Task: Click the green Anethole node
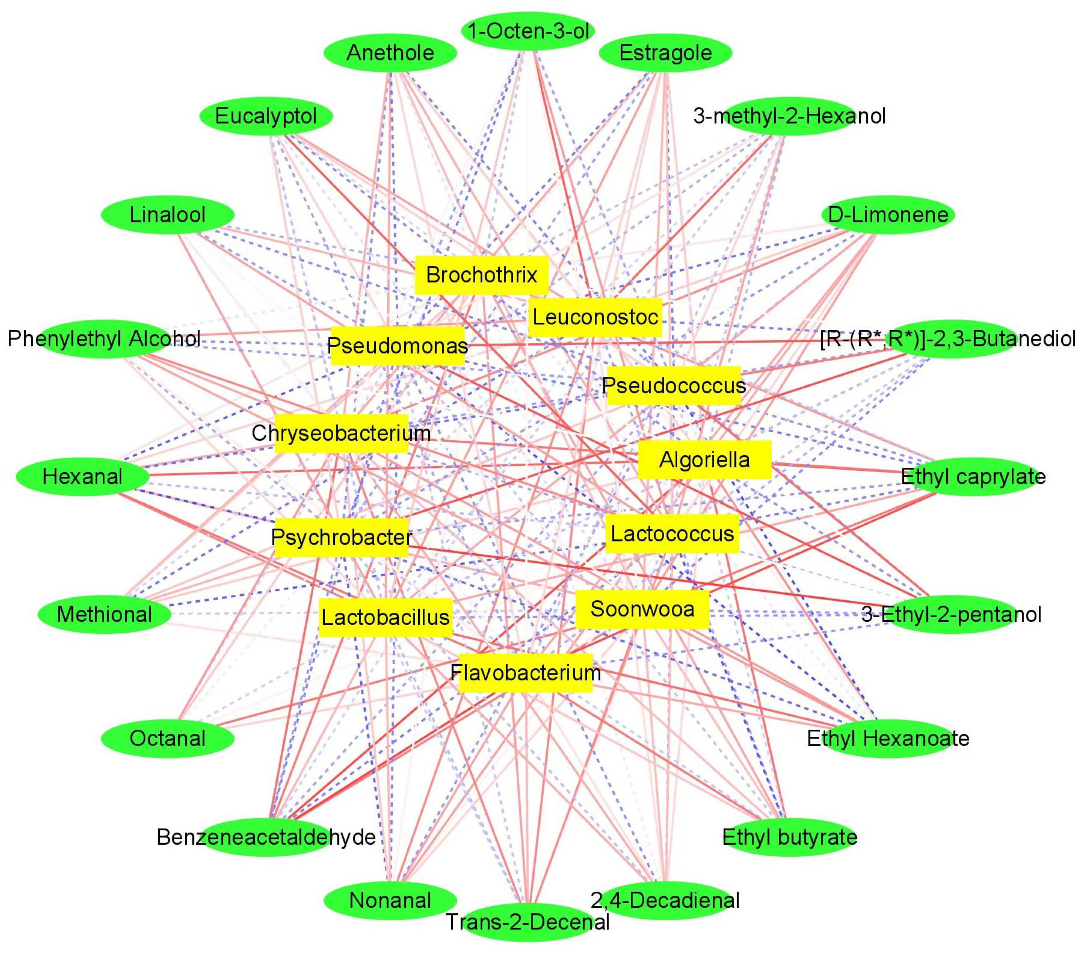point(390,53)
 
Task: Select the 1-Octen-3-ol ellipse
point(528,31)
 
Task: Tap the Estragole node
point(665,53)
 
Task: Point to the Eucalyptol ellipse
point(266,116)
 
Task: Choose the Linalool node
point(167,215)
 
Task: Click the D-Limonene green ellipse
point(888,215)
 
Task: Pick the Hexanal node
point(82,476)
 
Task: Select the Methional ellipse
point(104,615)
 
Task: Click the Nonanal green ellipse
point(390,900)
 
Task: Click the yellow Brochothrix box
point(481,275)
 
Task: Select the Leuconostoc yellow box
point(595,317)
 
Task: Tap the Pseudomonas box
point(397,346)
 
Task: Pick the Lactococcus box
point(672,533)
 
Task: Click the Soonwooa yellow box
point(642,609)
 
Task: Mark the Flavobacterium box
point(526,673)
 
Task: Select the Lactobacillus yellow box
point(386,617)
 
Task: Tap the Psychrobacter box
point(342,537)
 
